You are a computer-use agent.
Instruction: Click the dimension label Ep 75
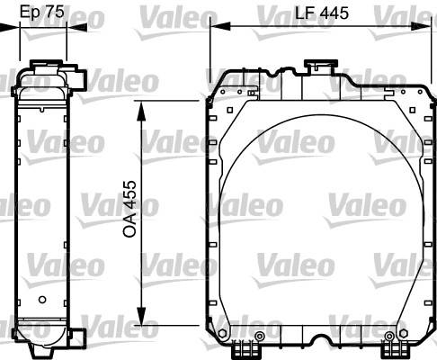42,12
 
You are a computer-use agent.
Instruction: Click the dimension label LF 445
322,13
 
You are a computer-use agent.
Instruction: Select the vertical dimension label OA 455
130,209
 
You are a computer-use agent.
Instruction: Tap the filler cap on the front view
321,64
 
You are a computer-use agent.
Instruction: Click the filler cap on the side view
47,63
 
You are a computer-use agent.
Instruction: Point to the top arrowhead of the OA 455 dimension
141,111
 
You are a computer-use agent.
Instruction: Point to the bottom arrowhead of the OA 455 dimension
141,315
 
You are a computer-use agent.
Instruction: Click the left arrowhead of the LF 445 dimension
220,26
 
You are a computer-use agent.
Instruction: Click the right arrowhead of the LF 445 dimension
422,26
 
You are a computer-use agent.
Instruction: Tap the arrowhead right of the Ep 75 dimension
76,28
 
